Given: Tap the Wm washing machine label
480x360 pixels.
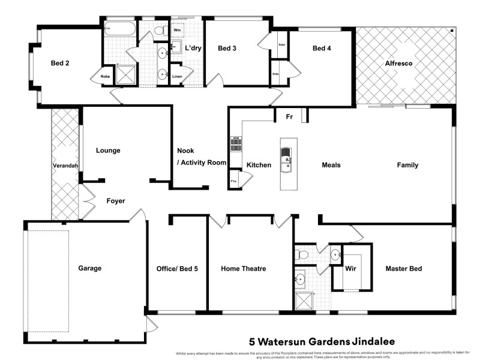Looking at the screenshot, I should [178, 29].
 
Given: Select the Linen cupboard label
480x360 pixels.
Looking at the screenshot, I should [177, 76].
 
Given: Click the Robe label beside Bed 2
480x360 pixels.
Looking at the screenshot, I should [105, 76].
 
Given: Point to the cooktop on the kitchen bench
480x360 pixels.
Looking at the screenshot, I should [236, 145].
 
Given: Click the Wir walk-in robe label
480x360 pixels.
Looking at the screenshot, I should [351, 269].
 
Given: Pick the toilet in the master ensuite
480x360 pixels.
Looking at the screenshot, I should [303, 256].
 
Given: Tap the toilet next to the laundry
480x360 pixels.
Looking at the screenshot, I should [160, 30].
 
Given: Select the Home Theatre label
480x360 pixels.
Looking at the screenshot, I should [243, 269].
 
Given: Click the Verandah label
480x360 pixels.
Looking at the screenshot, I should [65, 165].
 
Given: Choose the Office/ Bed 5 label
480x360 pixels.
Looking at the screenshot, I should [177, 269].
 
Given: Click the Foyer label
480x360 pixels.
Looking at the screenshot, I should [116, 201].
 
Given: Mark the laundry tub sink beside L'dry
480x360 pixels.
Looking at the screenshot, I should [175, 48].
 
